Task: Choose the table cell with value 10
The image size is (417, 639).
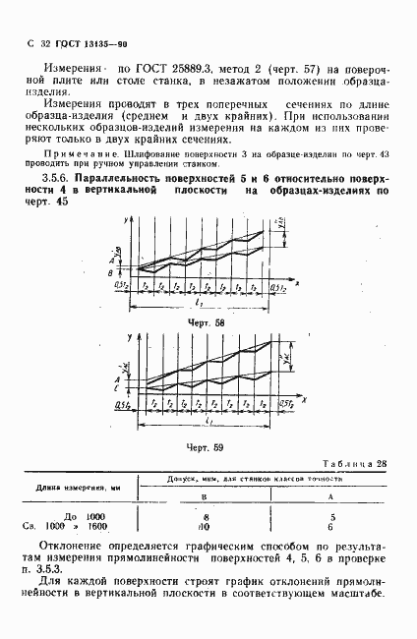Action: pyautogui.click(x=205, y=526)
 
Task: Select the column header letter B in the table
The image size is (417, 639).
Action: pyautogui.click(x=205, y=497)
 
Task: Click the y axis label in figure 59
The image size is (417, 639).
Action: pyautogui.click(x=131, y=338)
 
